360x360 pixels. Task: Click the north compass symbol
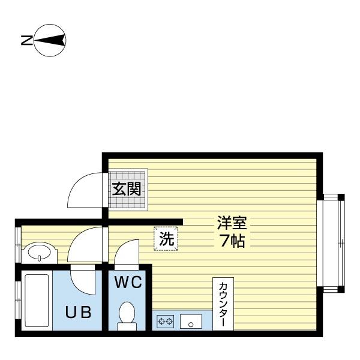point(51,41)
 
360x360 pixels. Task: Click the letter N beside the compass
point(26,41)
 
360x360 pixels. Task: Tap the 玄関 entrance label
point(127,190)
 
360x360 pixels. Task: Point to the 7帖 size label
point(232,242)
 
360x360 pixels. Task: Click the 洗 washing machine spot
point(166,238)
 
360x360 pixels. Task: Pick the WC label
point(128,283)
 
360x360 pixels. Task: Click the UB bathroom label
point(79,313)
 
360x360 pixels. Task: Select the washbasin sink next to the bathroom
point(40,252)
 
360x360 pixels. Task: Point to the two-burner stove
point(166,321)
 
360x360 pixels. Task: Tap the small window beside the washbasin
point(19,243)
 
